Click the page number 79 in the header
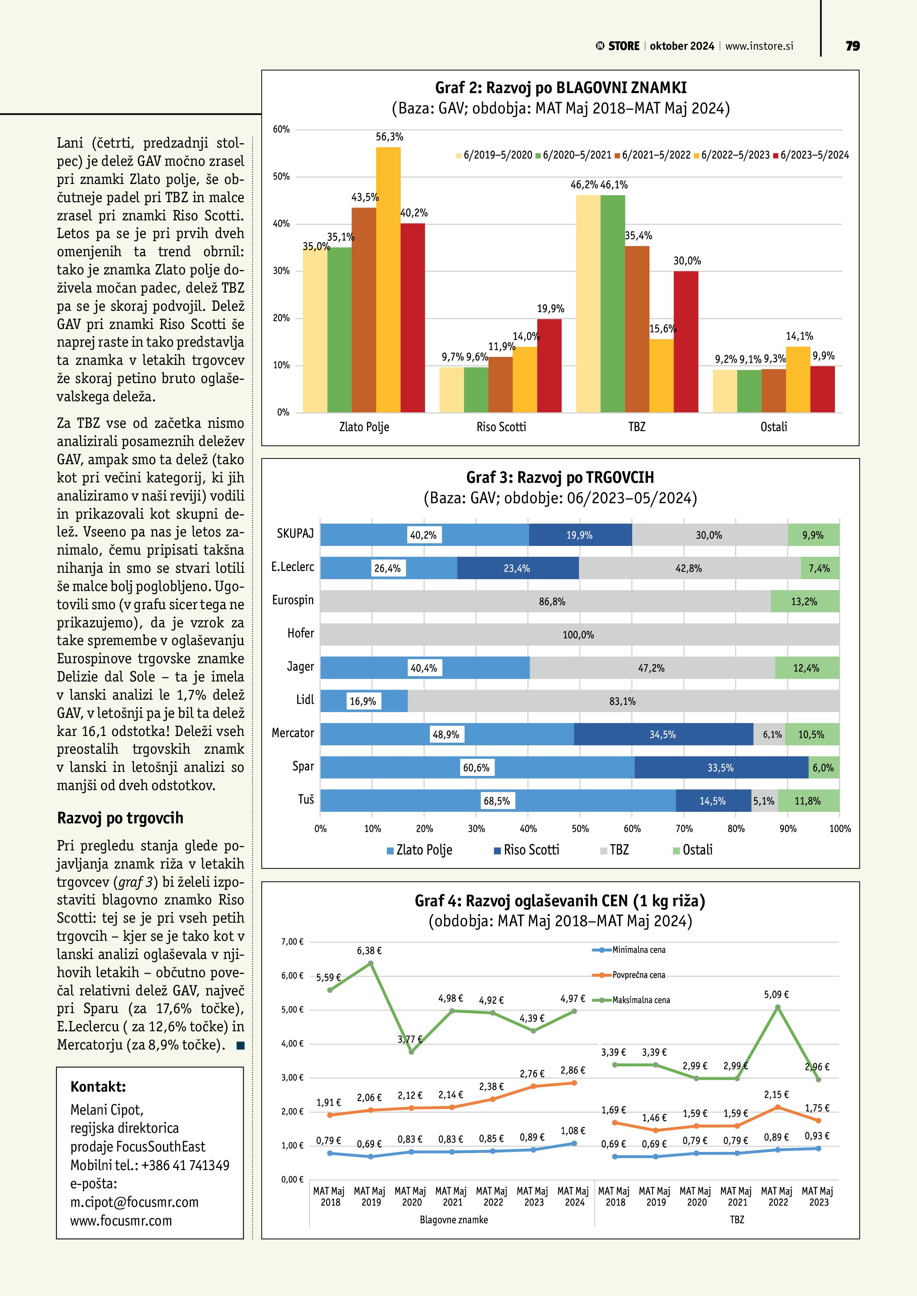853,46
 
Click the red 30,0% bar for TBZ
685,341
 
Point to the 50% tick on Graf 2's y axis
281,176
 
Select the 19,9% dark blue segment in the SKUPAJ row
580,535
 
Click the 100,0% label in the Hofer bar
578,635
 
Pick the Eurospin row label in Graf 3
292,600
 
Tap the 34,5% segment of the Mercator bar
663,734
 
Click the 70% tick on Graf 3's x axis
684,829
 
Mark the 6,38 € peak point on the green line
370,963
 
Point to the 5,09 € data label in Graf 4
776,995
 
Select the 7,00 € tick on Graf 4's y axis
292,942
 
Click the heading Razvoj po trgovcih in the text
120,818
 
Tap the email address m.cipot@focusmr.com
134,1202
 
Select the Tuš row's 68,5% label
497,801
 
